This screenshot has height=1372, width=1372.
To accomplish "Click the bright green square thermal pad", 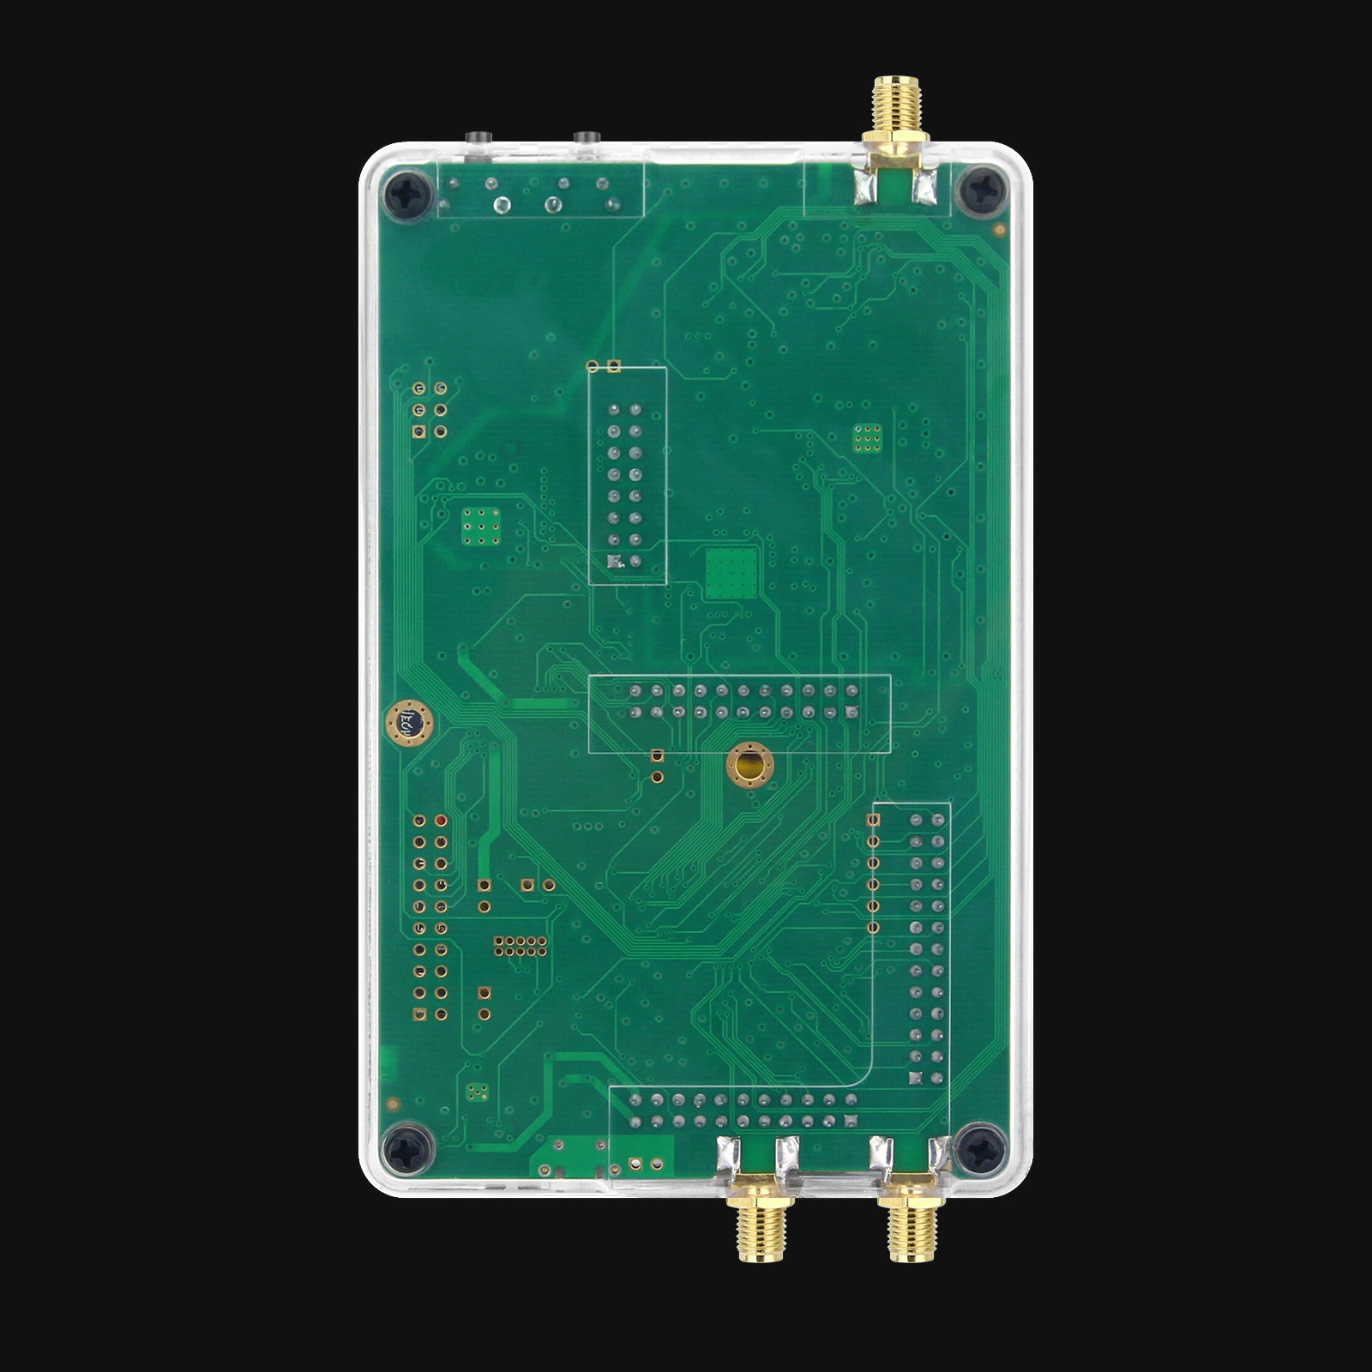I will [x=732, y=573].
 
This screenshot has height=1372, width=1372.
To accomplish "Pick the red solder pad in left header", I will [x=441, y=821].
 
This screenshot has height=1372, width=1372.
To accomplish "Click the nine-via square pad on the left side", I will [x=481, y=526].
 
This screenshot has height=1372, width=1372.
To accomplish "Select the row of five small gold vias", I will [x=521, y=946].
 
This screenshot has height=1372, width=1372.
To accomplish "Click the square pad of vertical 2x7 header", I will [x=614, y=562].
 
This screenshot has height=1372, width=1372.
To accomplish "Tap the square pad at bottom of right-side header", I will [x=916, y=1078].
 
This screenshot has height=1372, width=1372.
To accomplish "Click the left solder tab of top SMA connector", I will [x=863, y=188].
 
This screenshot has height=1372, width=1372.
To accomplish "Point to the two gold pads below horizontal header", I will [x=658, y=766].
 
